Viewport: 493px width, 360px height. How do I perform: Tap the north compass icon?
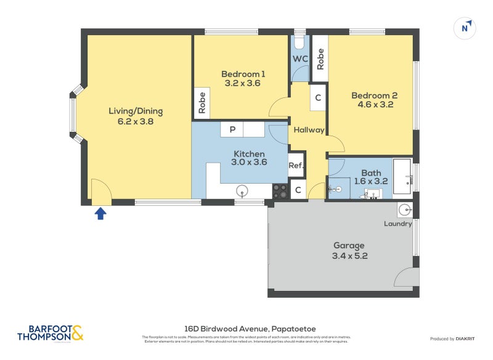466,28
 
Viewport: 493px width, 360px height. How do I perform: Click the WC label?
299,59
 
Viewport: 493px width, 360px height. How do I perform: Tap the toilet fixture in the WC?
299,43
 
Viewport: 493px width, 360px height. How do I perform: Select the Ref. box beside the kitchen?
296,165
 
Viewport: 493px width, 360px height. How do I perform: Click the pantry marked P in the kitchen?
232,129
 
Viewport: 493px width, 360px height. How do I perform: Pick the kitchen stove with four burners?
280,192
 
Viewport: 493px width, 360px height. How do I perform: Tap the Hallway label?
308,130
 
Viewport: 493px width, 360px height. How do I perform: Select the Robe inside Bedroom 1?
202,103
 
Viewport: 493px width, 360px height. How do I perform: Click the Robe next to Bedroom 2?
320,59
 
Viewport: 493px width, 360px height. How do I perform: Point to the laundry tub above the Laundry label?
404,210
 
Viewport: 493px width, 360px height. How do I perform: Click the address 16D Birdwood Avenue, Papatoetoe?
250,329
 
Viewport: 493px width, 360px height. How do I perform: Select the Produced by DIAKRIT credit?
455,339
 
